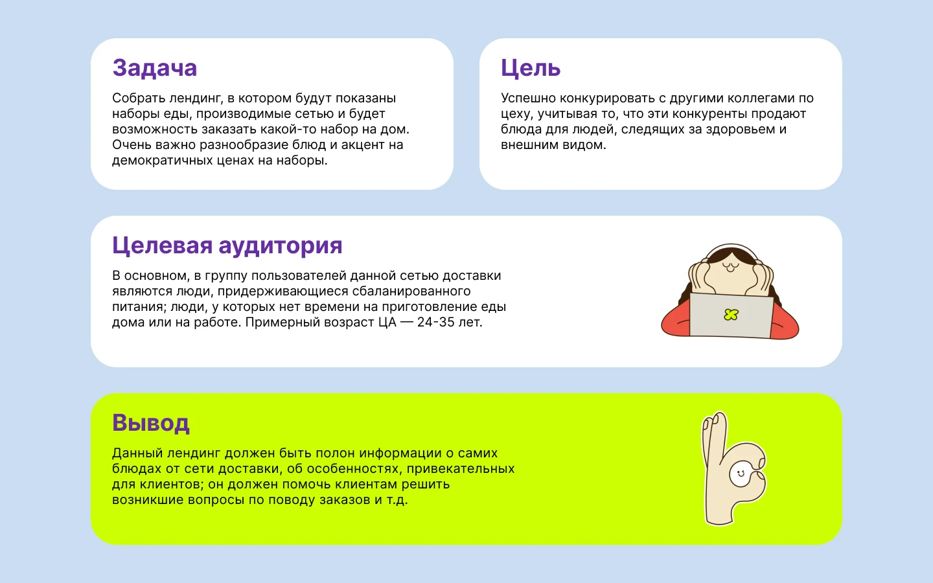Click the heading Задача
point(154,68)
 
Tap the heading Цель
point(530,68)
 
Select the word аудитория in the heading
point(280,246)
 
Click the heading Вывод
point(150,423)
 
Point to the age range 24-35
point(436,323)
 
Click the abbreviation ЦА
point(387,323)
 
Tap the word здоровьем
point(741,130)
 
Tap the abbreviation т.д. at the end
point(397,500)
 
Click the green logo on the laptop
point(731,315)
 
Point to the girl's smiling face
point(730,267)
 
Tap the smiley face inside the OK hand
point(738,473)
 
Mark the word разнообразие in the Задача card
point(236,145)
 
